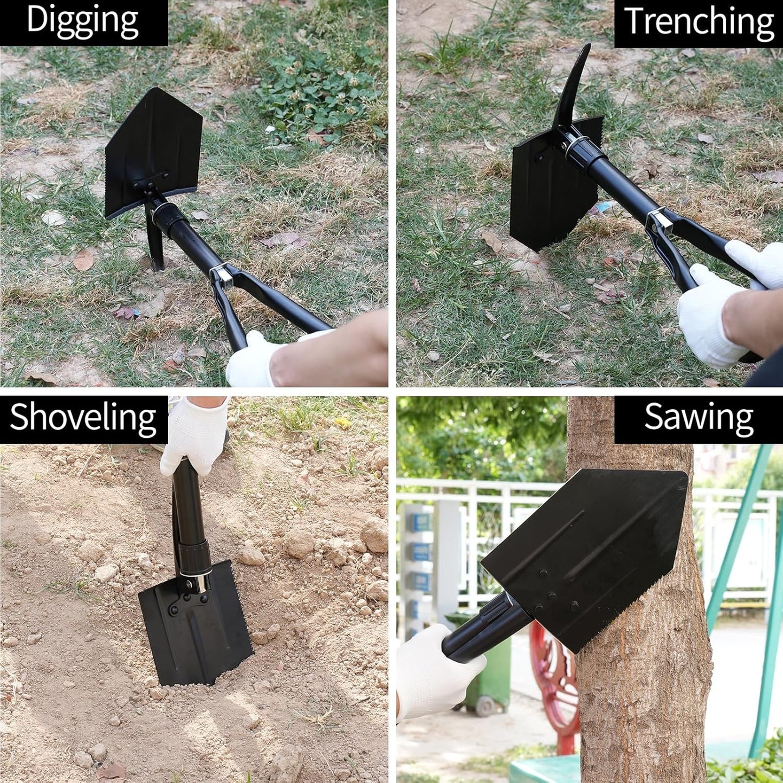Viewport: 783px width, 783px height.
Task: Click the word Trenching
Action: tap(699, 21)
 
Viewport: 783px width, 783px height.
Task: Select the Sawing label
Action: tap(699, 418)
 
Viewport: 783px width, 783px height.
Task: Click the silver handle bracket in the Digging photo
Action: tap(222, 276)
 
